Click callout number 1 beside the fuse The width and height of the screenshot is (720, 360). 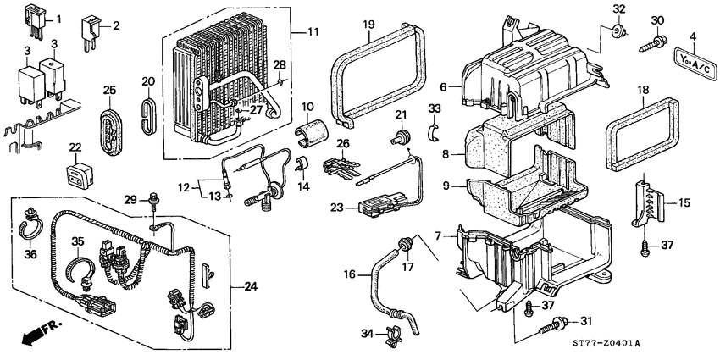(x=58, y=19)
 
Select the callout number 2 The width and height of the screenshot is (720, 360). (x=116, y=26)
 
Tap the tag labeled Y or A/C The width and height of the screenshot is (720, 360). (x=692, y=59)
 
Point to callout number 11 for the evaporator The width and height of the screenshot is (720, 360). (x=312, y=32)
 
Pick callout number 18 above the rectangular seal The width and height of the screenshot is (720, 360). (x=643, y=89)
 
